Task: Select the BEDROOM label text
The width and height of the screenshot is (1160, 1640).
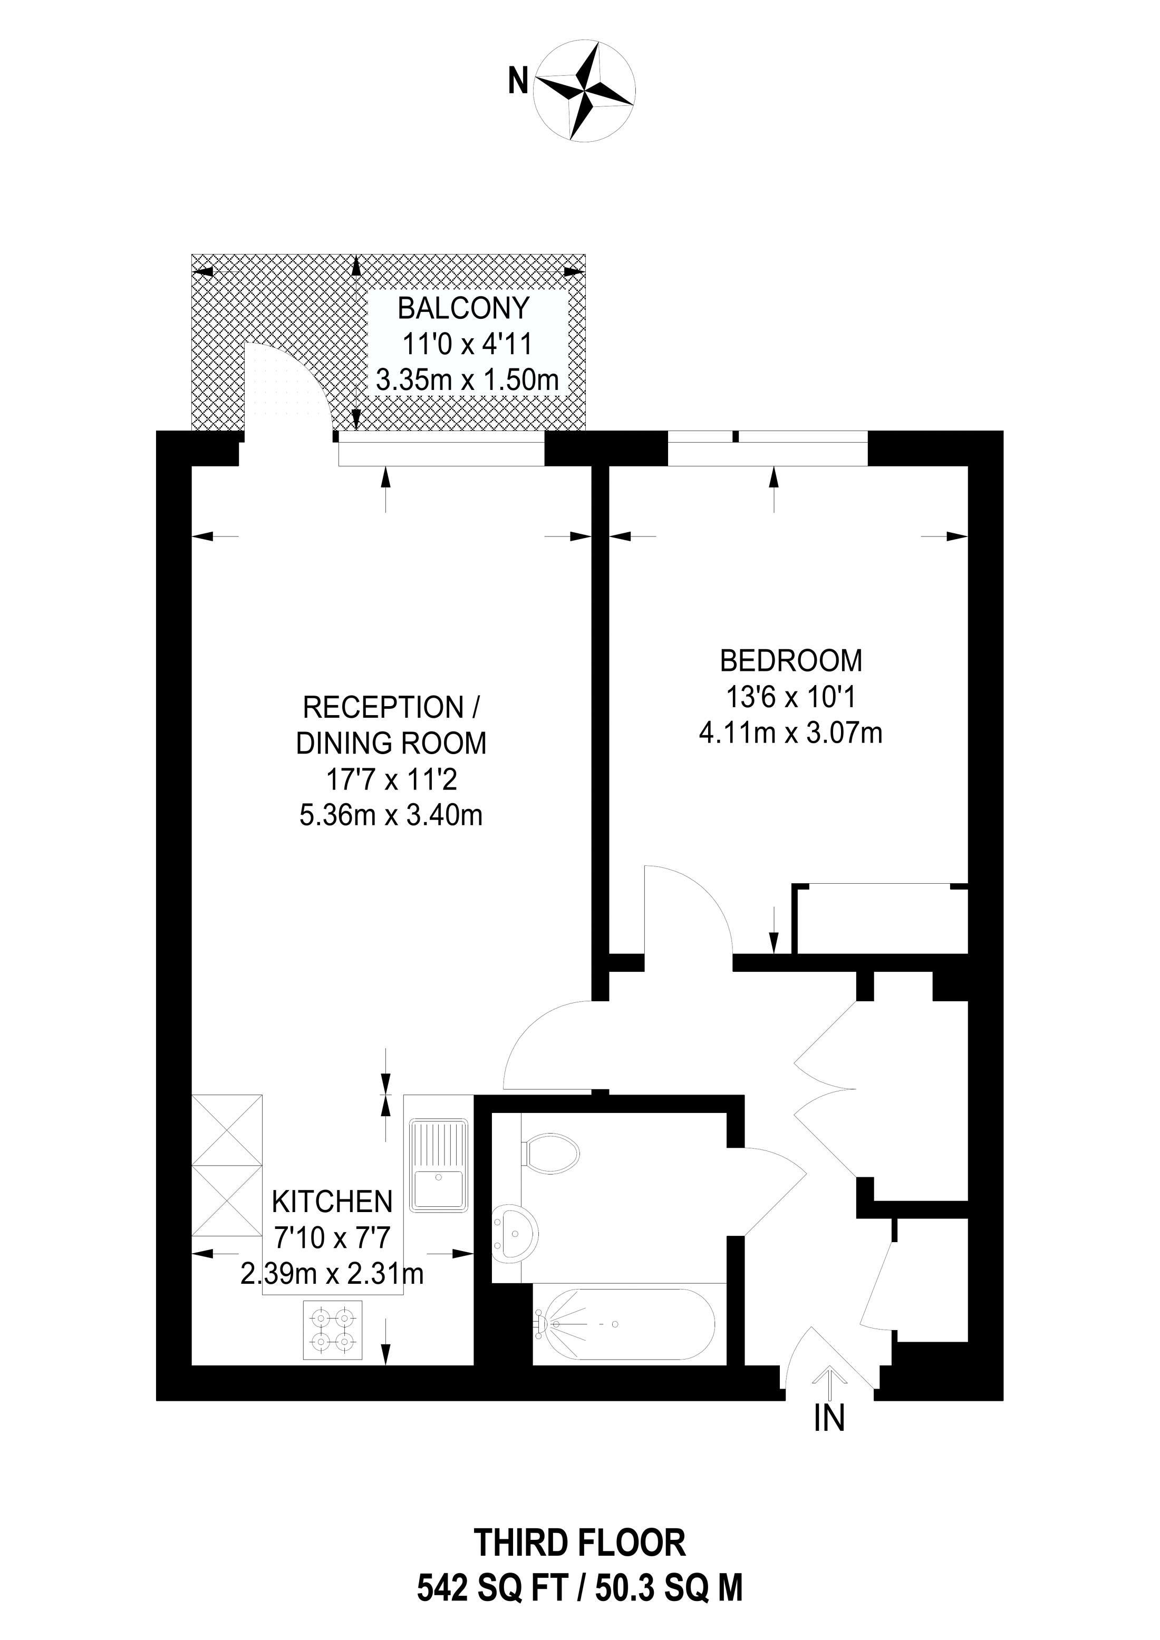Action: [790, 661]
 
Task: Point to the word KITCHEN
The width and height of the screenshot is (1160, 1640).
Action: [332, 1202]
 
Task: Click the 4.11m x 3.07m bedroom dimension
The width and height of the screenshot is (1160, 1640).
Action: [790, 734]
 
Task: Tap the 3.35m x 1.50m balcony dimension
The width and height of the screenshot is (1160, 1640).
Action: [468, 380]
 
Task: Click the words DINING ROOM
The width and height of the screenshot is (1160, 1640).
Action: [391, 744]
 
